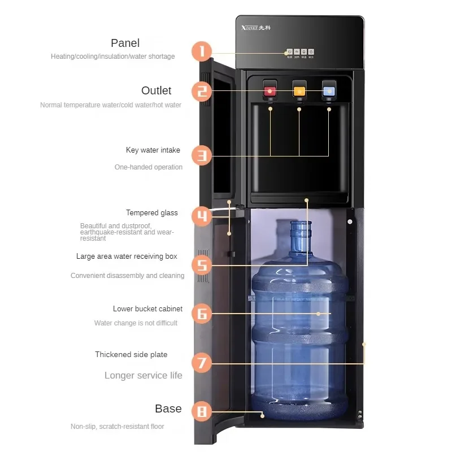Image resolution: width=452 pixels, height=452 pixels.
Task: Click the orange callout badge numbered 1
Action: [x=202, y=52]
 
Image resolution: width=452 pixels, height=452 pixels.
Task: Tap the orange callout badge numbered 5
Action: [x=202, y=264]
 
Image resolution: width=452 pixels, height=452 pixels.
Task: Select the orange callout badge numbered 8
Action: [x=202, y=411]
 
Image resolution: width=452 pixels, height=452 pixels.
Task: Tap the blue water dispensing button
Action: [x=328, y=89]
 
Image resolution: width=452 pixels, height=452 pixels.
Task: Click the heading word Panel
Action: [x=125, y=43]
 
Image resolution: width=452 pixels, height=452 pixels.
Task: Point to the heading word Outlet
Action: [x=156, y=90]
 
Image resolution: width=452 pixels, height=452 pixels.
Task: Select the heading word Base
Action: [x=168, y=408]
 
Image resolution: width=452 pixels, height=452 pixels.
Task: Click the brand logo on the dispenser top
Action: [x=258, y=29]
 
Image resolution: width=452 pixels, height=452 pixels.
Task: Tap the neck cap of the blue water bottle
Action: [x=301, y=228]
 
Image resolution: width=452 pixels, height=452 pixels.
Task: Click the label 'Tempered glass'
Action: [x=151, y=213]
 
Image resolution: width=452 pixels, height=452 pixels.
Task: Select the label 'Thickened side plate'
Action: [x=131, y=354]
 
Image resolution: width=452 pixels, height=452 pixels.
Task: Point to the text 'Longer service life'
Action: [x=144, y=375]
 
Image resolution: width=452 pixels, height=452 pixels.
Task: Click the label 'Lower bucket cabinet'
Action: [x=147, y=309]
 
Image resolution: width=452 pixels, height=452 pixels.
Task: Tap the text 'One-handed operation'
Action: [x=149, y=167]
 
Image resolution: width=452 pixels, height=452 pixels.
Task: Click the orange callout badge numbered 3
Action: [x=202, y=155]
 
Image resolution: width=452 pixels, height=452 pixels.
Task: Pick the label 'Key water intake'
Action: [x=153, y=150]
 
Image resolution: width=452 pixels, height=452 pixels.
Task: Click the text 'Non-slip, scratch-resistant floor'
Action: [x=118, y=427]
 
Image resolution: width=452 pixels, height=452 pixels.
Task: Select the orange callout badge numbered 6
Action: [x=202, y=313]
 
